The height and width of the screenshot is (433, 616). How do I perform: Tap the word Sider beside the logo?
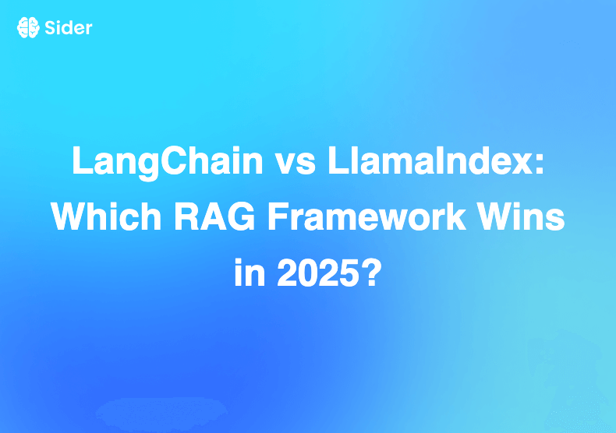(x=68, y=28)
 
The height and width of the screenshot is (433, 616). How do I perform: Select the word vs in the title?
(x=282, y=162)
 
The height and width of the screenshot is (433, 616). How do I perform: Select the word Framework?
(x=373, y=216)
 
